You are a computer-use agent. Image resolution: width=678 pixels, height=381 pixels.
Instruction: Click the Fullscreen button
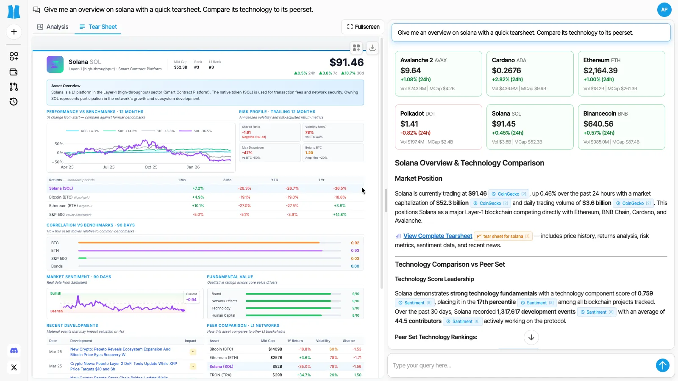click(x=363, y=27)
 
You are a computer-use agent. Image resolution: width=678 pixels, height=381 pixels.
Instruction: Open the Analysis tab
click(x=53, y=27)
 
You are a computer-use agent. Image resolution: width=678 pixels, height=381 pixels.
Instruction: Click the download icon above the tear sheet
click(x=372, y=48)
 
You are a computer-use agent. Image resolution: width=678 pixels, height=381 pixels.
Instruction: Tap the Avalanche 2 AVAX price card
click(x=438, y=74)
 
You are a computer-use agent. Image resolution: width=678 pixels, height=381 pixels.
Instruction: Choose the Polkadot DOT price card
click(x=438, y=127)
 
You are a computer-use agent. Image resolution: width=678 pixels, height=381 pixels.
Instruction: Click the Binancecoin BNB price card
click(x=621, y=127)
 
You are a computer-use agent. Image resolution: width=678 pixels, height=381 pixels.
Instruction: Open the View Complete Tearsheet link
click(x=437, y=236)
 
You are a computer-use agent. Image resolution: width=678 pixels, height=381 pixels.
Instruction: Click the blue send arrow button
click(x=662, y=365)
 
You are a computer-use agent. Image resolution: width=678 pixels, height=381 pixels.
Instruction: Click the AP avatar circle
click(x=664, y=9)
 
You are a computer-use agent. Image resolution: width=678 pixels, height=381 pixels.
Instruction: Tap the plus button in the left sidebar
click(x=14, y=32)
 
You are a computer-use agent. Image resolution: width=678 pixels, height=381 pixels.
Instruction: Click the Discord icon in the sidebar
click(x=14, y=351)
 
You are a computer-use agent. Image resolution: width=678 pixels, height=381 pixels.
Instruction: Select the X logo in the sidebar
click(x=14, y=367)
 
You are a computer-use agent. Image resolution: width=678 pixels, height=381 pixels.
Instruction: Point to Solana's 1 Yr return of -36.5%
click(x=340, y=188)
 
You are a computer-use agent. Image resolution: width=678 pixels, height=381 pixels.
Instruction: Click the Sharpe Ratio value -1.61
click(x=247, y=133)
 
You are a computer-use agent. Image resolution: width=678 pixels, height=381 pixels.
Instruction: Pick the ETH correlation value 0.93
click(x=355, y=251)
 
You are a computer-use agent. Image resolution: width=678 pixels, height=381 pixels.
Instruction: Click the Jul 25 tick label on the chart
click(x=109, y=167)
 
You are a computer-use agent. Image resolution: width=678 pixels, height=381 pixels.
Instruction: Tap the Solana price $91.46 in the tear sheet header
click(x=346, y=63)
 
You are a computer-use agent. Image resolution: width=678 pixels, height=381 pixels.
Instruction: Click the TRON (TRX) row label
click(x=220, y=375)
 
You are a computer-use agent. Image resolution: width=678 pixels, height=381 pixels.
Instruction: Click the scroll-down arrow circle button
click(x=531, y=337)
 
